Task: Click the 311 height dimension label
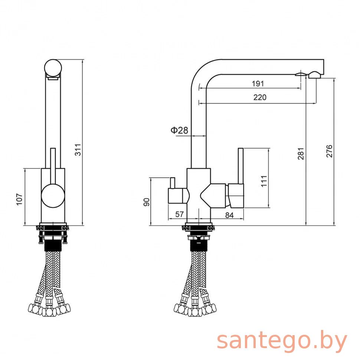(x=78, y=150)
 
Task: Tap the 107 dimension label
(x=20, y=199)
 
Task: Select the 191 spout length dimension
(x=258, y=84)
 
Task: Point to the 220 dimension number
(x=260, y=97)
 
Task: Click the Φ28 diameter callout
(x=179, y=130)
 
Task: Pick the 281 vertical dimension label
(x=301, y=153)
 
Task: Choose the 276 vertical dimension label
(x=329, y=151)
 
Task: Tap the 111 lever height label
(x=264, y=181)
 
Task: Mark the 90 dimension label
(x=147, y=202)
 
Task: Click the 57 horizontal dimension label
(x=180, y=214)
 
